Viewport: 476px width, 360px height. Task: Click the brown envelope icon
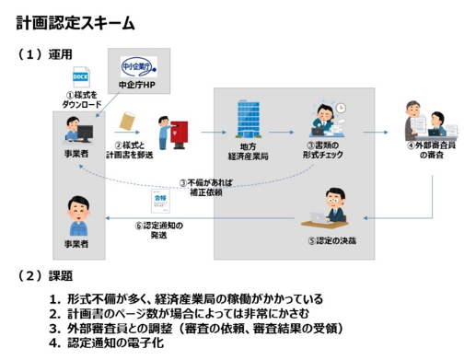coord(129,122)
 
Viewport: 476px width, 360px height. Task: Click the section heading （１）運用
coord(45,54)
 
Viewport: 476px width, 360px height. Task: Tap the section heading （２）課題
coord(45,275)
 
